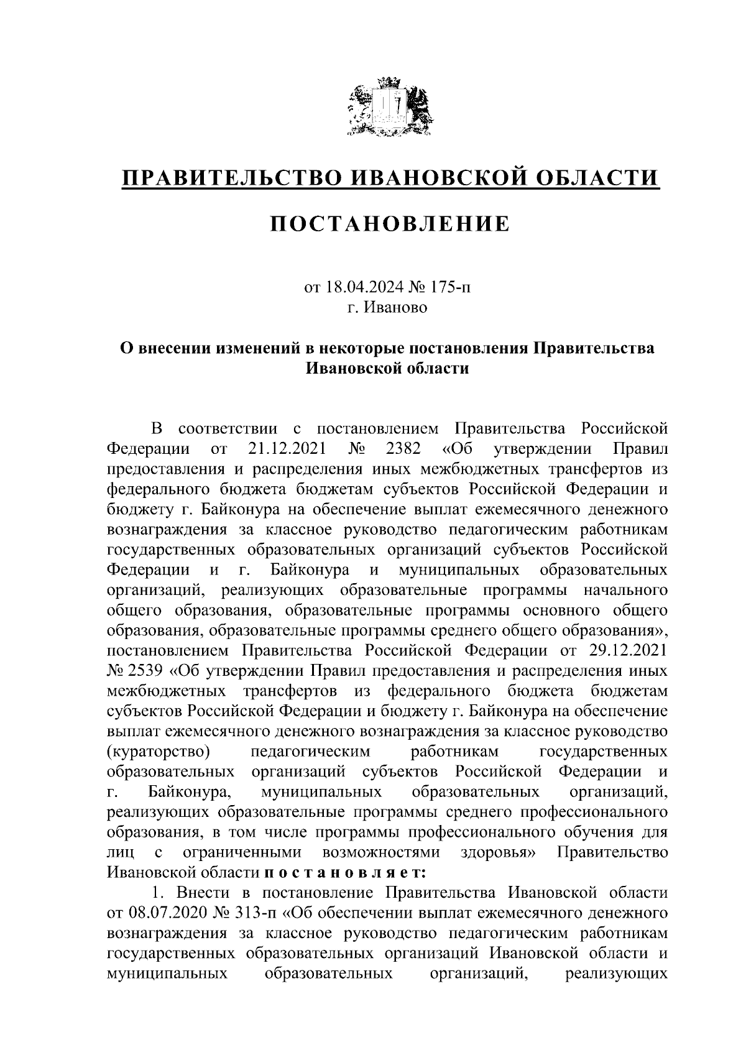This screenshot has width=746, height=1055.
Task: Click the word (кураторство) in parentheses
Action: pos(158,752)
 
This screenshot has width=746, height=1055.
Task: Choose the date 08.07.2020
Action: pos(163,913)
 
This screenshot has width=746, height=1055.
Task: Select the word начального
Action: pos(626,590)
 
